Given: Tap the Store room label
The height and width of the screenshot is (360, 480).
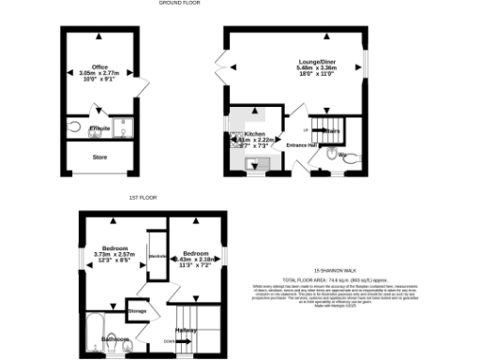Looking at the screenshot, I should pos(100,157).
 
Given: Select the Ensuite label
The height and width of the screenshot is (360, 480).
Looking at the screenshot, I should pos(99,128).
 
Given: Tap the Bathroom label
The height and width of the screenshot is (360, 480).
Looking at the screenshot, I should pos(115,338).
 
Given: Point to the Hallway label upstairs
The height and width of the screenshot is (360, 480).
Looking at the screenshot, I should pos(185,330).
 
